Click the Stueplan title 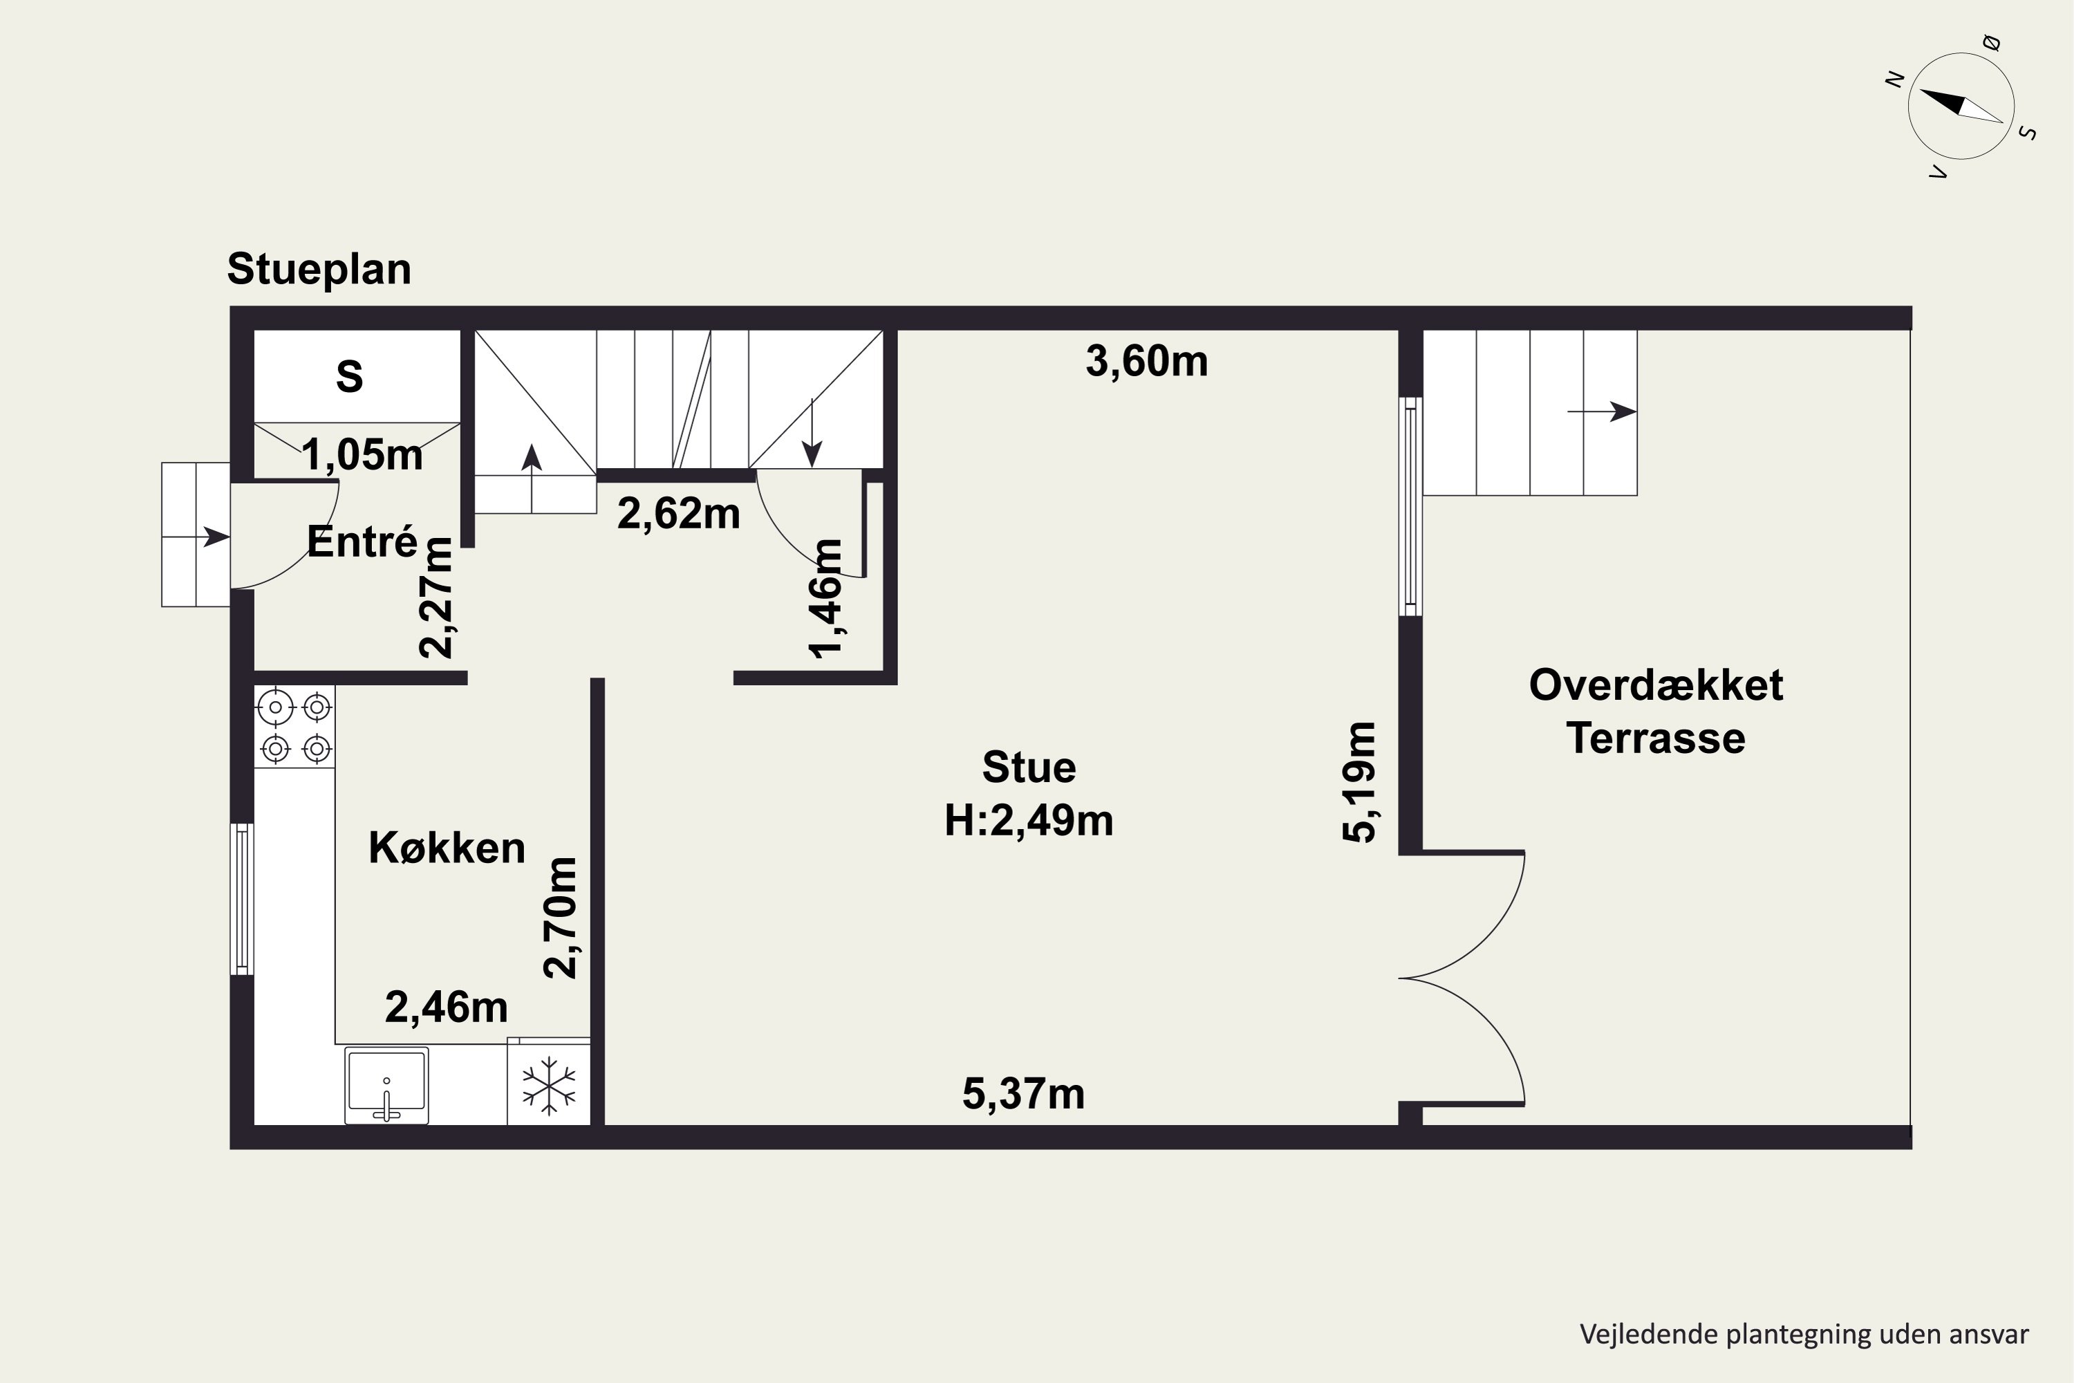[318, 269]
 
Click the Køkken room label [446, 848]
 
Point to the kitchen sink [386, 1085]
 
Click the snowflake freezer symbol [548, 1085]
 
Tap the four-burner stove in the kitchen [295, 727]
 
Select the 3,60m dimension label [1146, 361]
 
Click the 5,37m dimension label [1023, 1094]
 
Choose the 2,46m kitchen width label [446, 1008]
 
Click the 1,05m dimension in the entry [362, 454]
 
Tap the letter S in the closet [349, 377]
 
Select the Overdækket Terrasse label [1655, 711]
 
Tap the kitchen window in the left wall [241, 899]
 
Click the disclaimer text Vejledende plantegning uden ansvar [1803, 1335]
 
